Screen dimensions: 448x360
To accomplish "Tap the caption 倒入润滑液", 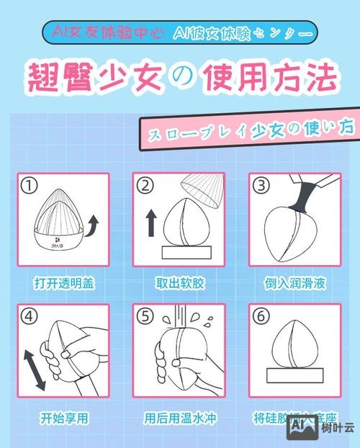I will (295, 283).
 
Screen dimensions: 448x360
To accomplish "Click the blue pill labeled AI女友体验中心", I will (104, 33).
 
